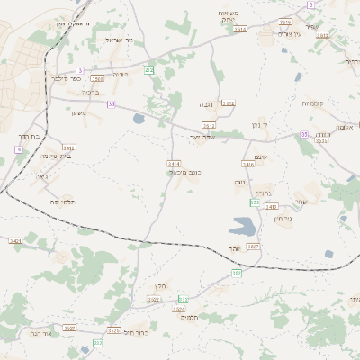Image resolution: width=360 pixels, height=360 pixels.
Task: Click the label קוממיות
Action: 319,103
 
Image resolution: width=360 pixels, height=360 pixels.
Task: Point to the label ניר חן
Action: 282,220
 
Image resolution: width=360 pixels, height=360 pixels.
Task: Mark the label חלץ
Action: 161,286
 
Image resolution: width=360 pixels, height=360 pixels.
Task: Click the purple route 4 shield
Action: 18,148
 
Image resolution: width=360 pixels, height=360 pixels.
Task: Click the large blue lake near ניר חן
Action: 243,226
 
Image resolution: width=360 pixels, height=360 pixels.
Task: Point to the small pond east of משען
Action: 138,118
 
